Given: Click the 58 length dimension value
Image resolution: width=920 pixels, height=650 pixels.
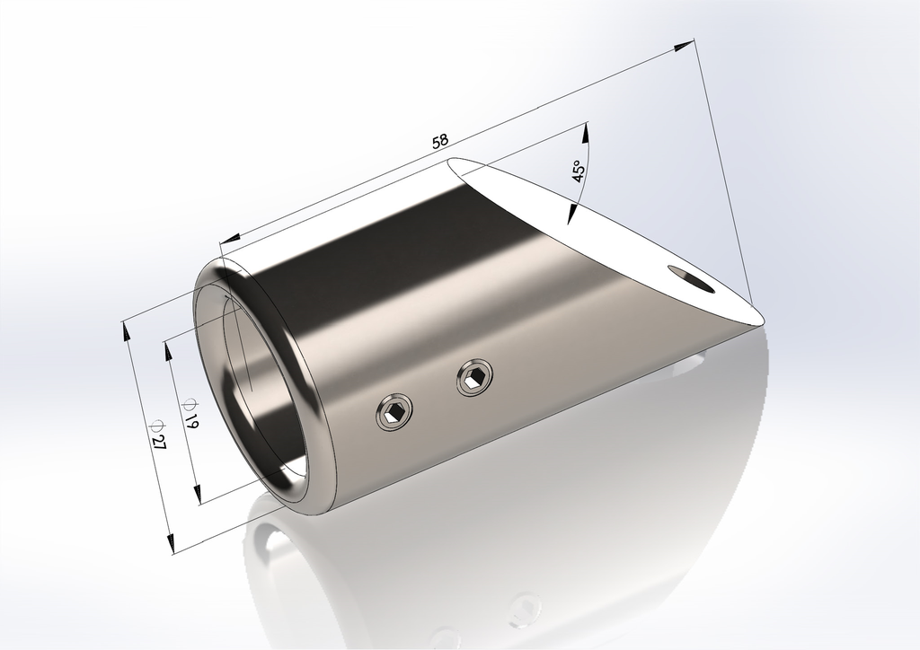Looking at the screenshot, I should [440, 141].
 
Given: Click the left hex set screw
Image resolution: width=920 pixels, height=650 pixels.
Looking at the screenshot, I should [395, 413].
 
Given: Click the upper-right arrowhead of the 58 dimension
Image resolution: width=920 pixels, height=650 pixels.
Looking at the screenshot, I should [687, 45].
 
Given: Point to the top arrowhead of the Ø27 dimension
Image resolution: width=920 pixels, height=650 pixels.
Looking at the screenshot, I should [126, 329].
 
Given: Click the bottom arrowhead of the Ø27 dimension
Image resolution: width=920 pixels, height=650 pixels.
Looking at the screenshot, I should [169, 542].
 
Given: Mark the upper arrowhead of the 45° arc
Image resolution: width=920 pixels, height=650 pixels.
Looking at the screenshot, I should [586, 131].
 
